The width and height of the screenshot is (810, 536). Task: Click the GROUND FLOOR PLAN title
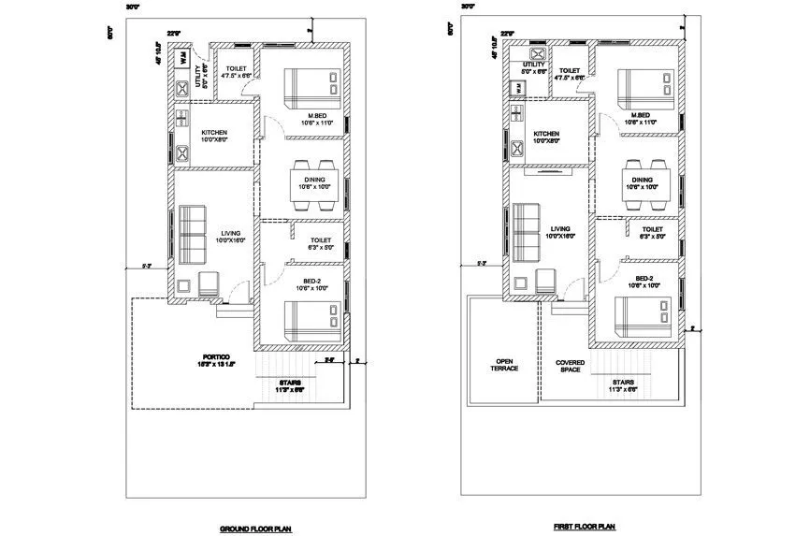pyautogui.click(x=255, y=529)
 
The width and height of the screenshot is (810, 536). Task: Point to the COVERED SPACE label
pyautogui.click(x=571, y=366)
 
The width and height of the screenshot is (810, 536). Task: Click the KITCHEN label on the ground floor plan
pyautogui.click(x=214, y=133)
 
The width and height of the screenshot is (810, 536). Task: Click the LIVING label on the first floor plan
pyautogui.click(x=560, y=228)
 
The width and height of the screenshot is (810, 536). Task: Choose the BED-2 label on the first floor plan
pyautogui.click(x=644, y=280)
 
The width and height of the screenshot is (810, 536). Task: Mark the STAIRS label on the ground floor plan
pyautogui.click(x=289, y=384)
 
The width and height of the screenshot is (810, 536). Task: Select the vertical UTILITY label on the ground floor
pyautogui.click(x=196, y=75)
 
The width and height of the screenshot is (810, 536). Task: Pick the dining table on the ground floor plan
pyautogui.click(x=313, y=178)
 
